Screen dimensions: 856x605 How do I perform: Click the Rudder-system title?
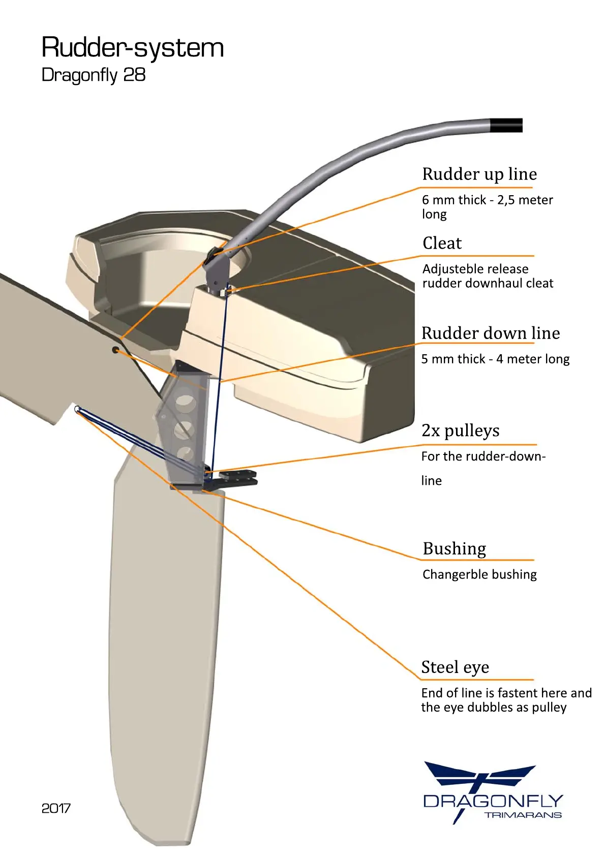[x=132, y=48]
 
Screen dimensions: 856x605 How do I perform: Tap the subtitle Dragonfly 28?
[x=94, y=75]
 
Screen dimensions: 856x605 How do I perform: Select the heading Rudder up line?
[x=479, y=174]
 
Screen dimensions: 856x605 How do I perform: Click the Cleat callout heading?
[x=442, y=243]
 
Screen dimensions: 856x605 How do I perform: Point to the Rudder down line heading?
[x=490, y=333]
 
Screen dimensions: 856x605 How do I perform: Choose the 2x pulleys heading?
[x=460, y=431]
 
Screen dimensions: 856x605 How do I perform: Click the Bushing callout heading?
[x=454, y=549]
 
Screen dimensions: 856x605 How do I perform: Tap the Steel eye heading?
[x=455, y=667]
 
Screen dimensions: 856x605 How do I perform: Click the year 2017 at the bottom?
[x=56, y=808]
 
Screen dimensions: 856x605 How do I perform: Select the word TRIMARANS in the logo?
[x=523, y=815]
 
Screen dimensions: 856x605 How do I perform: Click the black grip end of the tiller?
[x=506, y=125]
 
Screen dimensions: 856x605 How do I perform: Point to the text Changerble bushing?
[x=479, y=575]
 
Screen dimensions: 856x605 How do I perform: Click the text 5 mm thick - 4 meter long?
[x=495, y=359]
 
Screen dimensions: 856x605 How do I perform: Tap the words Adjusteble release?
[x=475, y=269]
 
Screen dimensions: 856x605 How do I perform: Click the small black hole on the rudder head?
[x=116, y=350]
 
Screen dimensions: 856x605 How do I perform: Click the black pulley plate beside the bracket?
[x=238, y=478]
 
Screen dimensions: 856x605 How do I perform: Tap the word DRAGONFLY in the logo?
[x=493, y=802]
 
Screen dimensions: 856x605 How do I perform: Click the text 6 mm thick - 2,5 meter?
[x=487, y=200]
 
